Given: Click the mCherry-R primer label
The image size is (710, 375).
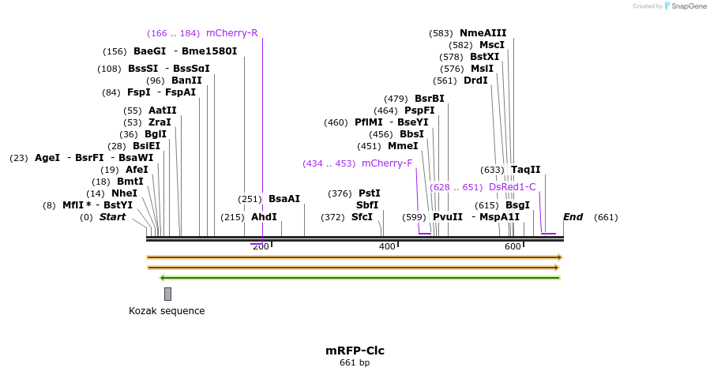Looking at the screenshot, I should (231, 33).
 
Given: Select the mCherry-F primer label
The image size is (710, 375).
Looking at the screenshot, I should (387, 163).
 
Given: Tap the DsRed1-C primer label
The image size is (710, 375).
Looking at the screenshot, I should (512, 187).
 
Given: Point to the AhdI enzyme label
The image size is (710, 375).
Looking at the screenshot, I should (264, 217).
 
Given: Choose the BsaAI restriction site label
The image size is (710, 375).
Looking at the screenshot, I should (284, 199).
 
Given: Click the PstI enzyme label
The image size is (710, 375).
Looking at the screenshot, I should (369, 193).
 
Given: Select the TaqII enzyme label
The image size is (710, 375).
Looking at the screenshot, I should (525, 170).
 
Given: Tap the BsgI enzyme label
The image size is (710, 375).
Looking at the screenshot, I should (517, 205).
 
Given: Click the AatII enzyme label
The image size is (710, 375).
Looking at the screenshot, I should (162, 111).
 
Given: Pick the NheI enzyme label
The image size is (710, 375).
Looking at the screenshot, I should (124, 193).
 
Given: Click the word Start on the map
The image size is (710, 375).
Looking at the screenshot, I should (112, 217).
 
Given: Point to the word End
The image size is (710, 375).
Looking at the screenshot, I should (573, 217).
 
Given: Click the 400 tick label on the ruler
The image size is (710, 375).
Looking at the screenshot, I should (387, 247).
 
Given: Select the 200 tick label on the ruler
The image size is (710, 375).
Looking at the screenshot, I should (261, 247).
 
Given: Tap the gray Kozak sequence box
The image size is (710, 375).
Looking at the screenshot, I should (167, 294).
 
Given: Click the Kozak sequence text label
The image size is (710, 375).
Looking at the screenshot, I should (167, 311).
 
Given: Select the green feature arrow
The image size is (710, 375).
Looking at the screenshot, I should (360, 278).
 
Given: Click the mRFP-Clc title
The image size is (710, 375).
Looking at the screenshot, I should (355, 351).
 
